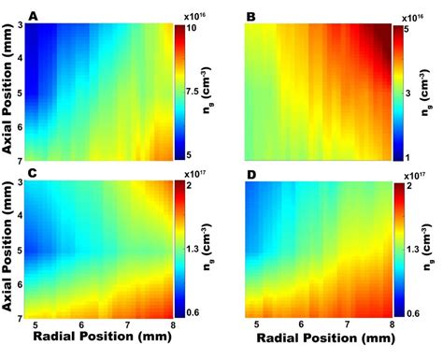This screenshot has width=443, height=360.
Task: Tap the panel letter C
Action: click(x=34, y=175)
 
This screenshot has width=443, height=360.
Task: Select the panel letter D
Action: click(x=250, y=175)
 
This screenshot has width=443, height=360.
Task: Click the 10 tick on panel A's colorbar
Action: click(x=191, y=29)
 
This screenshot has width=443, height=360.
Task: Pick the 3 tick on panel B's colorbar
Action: click(x=407, y=93)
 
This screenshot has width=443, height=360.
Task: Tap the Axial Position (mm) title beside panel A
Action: click(x=7, y=92)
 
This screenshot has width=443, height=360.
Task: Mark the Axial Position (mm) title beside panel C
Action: click(x=7, y=251)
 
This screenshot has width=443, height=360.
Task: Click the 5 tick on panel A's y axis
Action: click(x=20, y=93)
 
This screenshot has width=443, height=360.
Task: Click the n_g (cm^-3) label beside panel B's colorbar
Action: click(x=434, y=92)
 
